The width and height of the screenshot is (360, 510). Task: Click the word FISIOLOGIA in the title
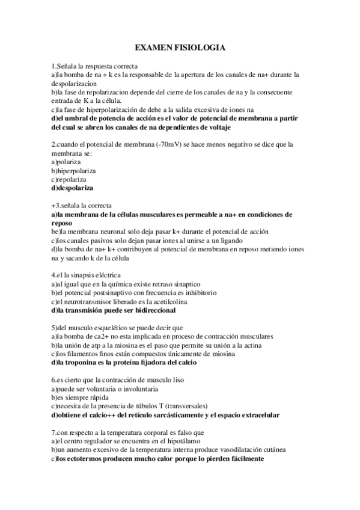point(200,47)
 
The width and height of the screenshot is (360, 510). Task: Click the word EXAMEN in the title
point(153,47)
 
